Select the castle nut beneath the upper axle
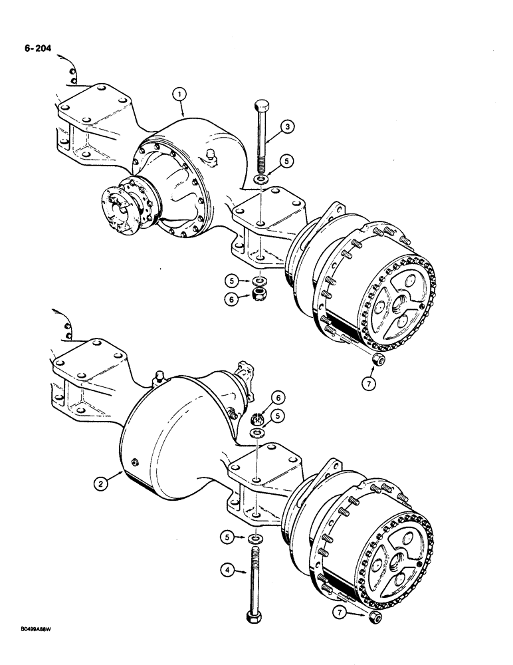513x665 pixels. pos(259,293)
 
